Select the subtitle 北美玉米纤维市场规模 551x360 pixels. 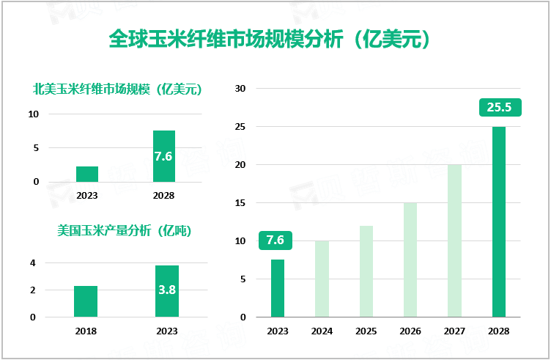(117, 90)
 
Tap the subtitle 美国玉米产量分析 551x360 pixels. (124, 230)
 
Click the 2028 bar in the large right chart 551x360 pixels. (498, 221)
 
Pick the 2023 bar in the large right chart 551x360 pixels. (278, 288)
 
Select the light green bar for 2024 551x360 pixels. (322, 279)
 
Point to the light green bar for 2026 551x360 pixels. (410, 260)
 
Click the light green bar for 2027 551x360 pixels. (454, 240)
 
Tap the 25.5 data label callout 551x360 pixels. (499, 108)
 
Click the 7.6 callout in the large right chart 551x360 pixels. (275, 240)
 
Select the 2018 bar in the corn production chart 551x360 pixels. (86, 301)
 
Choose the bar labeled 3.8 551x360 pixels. (167, 291)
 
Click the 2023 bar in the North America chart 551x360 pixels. (87, 174)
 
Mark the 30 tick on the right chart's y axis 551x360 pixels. (240, 89)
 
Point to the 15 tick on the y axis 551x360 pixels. (240, 203)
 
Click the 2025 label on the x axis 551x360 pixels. (366, 331)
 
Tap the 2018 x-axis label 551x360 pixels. (86, 331)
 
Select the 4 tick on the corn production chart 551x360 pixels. (32, 262)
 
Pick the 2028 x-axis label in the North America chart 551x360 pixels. (164, 196)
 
